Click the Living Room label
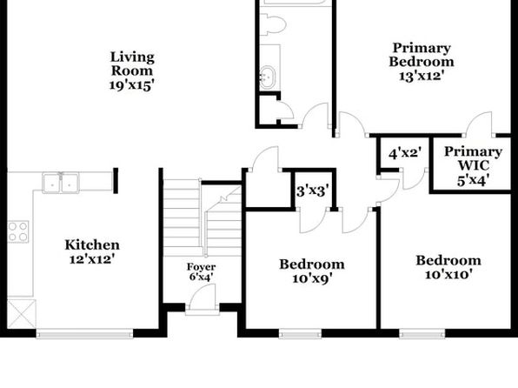[132, 64]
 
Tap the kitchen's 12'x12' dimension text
[92, 259]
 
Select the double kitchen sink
[61, 183]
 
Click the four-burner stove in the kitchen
[18, 231]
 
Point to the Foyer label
[201, 266]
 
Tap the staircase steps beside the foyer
[203, 218]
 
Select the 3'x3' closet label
[313, 191]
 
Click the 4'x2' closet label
[405, 153]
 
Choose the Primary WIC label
[473, 158]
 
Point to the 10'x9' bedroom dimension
[312, 279]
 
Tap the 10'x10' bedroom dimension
[448, 275]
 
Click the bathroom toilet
[273, 23]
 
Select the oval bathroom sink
[268, 77]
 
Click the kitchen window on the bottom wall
[84, 333]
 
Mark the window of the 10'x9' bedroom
[300, 333]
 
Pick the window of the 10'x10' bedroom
[422, 333]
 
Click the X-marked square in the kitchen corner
[22, 314]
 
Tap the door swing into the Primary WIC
[479, 124]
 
